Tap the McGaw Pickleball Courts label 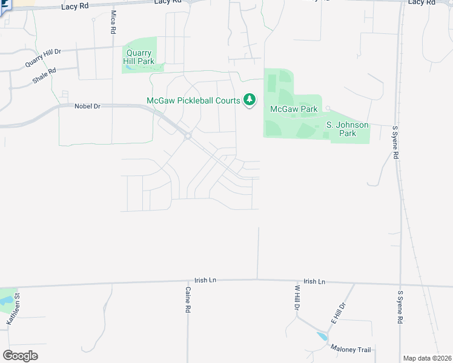(x=193, y=100)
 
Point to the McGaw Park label (x=294, y=110)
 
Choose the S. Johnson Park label (x=347, y=129)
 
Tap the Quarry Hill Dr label (x=44, y=58)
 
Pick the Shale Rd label (x=44, y=75)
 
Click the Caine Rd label (x=188, y=299)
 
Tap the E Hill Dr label (x=337, y=313)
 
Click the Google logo (x=20, y=356)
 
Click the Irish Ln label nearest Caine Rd (x=205, y=281)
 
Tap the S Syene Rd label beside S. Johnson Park (x=395, y=142)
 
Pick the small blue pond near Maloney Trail (x=321, y=335)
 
